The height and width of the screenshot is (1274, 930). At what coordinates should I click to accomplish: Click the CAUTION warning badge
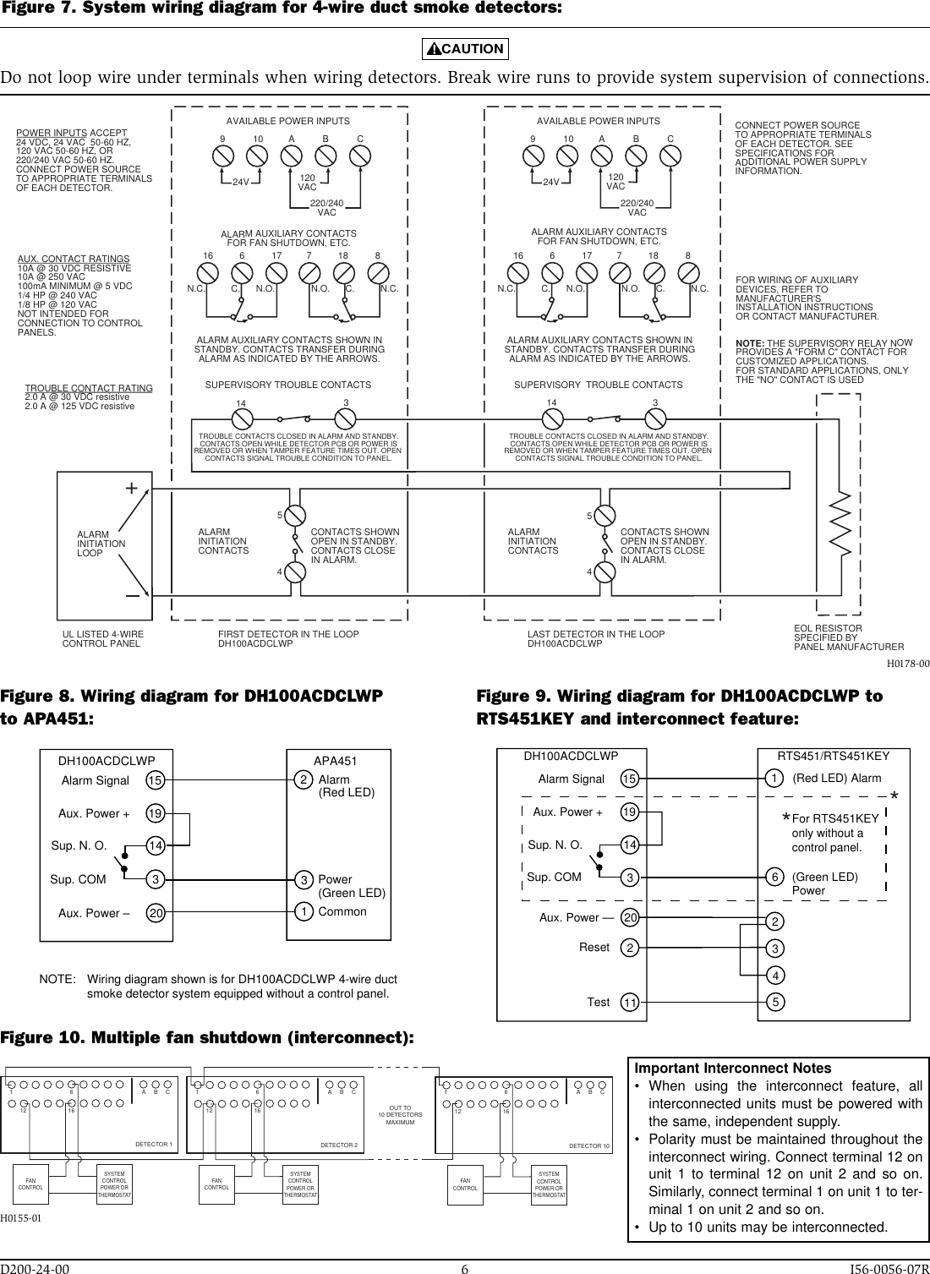[x=465, y=48]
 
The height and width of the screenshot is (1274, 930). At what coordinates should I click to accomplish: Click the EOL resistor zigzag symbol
[x=838, y=524]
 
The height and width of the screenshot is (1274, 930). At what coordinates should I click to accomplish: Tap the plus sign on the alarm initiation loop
[x=131, y=489]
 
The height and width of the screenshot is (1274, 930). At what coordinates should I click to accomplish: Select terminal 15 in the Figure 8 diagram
[x=155, y=780]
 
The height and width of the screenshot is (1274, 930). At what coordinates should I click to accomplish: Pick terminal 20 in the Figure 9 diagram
[x=630, y=917]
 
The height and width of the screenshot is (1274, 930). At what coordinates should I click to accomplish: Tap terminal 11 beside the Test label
[x=630, y=1002]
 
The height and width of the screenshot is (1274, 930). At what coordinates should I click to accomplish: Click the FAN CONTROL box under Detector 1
[x=30, y=1183]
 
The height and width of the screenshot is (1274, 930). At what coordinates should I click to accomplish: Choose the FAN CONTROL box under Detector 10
[x=465, y=1183]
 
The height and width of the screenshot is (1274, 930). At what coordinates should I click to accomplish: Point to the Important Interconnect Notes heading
[x=733, y=1069]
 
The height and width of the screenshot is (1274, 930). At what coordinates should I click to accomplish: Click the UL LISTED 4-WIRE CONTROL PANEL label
[x=103, y=638]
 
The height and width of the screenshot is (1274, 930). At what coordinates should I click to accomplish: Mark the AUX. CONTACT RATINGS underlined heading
[x=74, y=259]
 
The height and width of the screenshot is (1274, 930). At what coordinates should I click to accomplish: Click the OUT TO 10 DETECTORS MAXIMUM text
[x=400, y=1114]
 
